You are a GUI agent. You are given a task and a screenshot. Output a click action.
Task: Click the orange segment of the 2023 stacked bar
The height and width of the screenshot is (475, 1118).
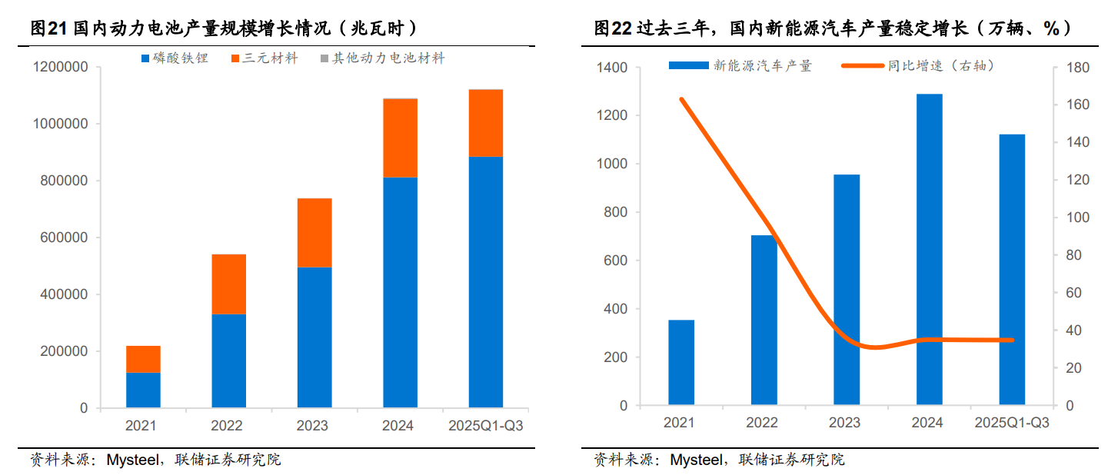[x=314, y=232]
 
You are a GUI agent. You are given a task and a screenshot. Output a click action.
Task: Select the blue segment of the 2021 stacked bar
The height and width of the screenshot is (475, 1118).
[x=143, y=390]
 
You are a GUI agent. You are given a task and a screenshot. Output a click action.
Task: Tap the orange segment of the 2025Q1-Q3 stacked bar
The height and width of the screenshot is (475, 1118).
[x=485, y=123]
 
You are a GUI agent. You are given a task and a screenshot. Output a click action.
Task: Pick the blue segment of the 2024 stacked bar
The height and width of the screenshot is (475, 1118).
[x=400, y=292]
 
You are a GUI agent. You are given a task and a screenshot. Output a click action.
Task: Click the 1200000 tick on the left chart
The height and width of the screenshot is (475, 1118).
[x=61, y=68]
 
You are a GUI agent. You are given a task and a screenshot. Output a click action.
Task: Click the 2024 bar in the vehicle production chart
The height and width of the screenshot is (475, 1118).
[x=929, y=249]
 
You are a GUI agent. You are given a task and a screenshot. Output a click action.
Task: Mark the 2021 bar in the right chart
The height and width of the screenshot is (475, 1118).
[x=680, y=362]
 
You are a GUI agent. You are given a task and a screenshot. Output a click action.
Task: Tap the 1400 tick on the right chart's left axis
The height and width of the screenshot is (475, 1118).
[x=612, y=68]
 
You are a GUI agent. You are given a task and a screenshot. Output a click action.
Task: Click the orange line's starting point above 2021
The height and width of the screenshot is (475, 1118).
[x=681, y=99]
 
